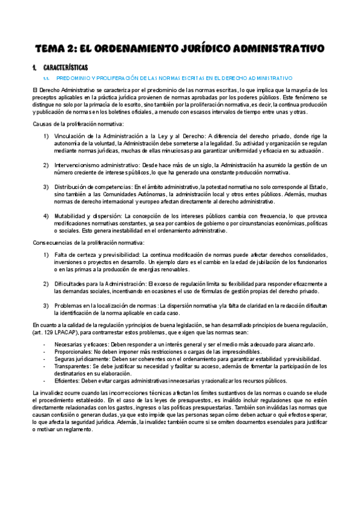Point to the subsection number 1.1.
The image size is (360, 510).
(46, 78)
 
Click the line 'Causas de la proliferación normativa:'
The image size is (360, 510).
(69, 124)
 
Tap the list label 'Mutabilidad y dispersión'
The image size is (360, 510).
(88, 216)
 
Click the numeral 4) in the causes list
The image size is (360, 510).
(46, 216)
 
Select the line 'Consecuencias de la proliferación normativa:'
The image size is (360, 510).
(79, 243)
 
